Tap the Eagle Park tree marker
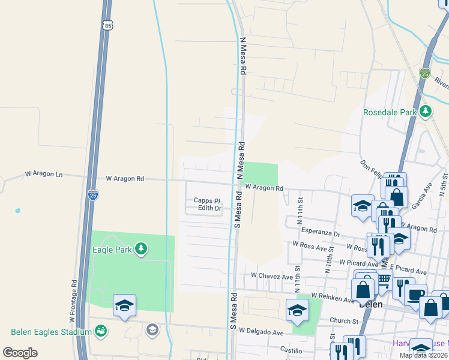pyautogui.click(x=141, y=248)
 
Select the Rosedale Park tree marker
pyautogui.click(x=426, y=112)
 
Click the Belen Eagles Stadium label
pyautogui.click(x=51, y=332)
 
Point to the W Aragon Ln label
pyautogui.click(x=43, y=175)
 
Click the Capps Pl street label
pyautogui.click(x=207, y=201)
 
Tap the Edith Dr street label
pyautogui.click(x=210, y=209)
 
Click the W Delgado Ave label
pyautogui.click(x=261, y=331)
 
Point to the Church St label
pyautogui.click(x=344, y=321)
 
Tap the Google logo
pyautogui.click(x=20, y=353)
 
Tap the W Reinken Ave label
pyautogui.click(x=333, y=298)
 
